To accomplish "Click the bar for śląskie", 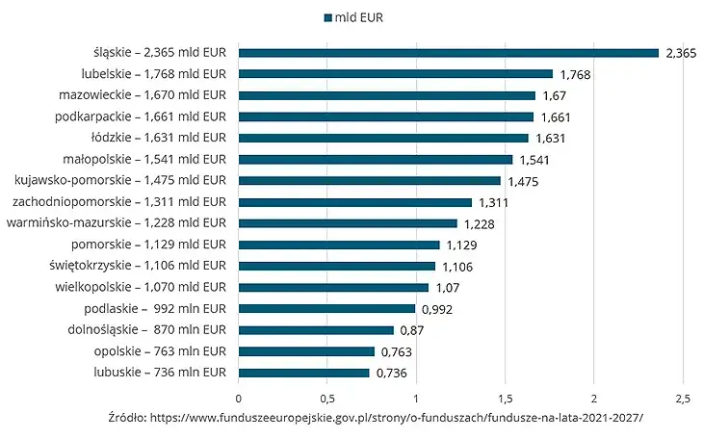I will pos(448,53).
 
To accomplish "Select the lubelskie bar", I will pos(395,74).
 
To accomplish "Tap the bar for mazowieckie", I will pos(386,95).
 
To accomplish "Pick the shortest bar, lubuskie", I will pos(303,373).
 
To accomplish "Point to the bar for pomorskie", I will pos(338,245).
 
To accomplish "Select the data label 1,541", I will pos(534,160).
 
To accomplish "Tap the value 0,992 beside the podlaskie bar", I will pos(437,309).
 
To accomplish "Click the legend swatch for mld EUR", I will pos(328,17).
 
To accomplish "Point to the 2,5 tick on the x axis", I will pos(682,397).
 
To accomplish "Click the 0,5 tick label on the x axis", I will pos(327,397).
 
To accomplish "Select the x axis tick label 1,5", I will pos(505,397).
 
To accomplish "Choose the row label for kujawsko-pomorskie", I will pos(120,180).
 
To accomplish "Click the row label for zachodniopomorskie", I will pos(118,201).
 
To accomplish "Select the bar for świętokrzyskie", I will pos(336,266).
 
